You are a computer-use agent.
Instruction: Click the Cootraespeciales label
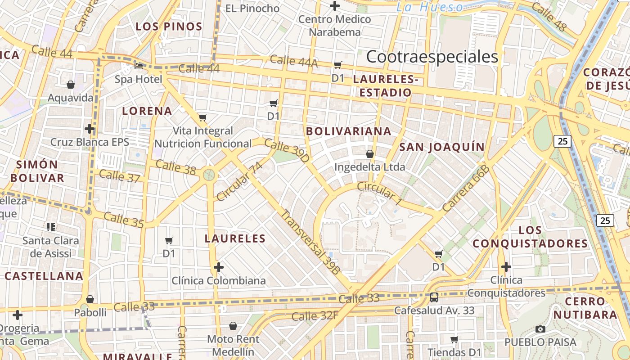pos(432,57)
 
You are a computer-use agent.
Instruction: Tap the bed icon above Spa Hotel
pos(139,66)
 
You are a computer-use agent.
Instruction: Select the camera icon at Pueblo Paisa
pos(540,329)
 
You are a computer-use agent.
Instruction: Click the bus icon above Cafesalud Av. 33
pos(434,297)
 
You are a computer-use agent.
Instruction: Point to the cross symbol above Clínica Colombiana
pos(219,267)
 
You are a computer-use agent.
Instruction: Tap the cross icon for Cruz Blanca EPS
pos(90,129)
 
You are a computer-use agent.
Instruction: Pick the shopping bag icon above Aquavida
pos(71,85)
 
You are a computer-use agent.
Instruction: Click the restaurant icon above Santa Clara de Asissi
pos(51,227)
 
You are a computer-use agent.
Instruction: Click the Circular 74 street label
pos(239,182)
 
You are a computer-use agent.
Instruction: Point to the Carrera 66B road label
pos(465,189)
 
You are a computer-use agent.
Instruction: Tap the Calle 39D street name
pos(287,150)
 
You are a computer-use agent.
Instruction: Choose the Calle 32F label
pos(315,316)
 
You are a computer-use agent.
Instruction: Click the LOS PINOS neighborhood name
pos(169,27)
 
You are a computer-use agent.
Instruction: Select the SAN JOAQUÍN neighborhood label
pos(442,147)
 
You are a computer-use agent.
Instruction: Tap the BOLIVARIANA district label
pos(348,131)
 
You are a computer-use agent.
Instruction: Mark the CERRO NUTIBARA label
pos(585,308)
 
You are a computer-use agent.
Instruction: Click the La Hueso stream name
pos(429,7)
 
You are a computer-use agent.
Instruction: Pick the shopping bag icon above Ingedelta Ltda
pos(370,154)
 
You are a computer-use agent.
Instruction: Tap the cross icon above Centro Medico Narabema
pos(334,6)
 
